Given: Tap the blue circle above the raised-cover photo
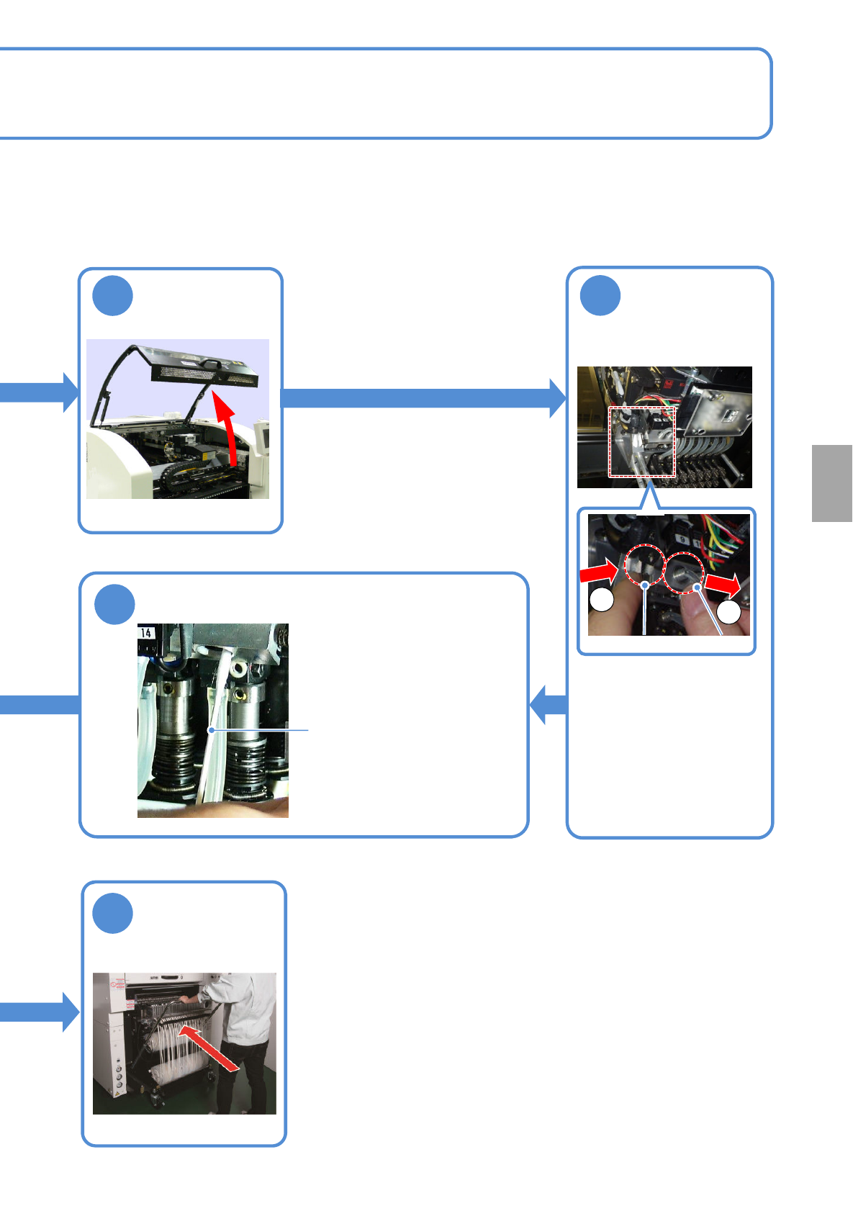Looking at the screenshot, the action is click(113, 296).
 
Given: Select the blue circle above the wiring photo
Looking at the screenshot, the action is click(600, 295).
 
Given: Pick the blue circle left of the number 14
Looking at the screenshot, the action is click(114, 605).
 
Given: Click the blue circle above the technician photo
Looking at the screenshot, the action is click(113, 913).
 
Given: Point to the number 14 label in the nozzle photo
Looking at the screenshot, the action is click(146, 633).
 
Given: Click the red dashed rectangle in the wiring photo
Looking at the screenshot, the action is click(642, 442).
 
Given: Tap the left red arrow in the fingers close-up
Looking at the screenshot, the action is click(598, 573).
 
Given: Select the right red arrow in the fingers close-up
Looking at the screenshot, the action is click(723, 584).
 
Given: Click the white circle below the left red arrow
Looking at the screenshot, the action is click(602, 600).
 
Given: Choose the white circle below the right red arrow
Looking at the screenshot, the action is click(729, 612).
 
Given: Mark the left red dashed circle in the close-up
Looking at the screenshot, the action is click(644, 565).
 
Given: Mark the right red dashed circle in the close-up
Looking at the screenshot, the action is click(684, 573).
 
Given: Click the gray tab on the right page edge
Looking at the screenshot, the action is click(832, 483).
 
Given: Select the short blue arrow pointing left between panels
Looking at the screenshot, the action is click(548, 704).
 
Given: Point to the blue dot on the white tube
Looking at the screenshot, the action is click(211, 730).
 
